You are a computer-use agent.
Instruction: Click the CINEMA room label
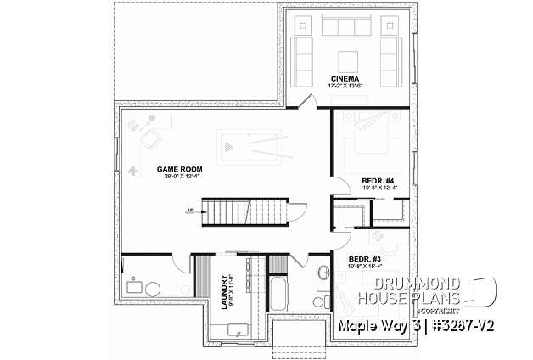click(344, 77)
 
